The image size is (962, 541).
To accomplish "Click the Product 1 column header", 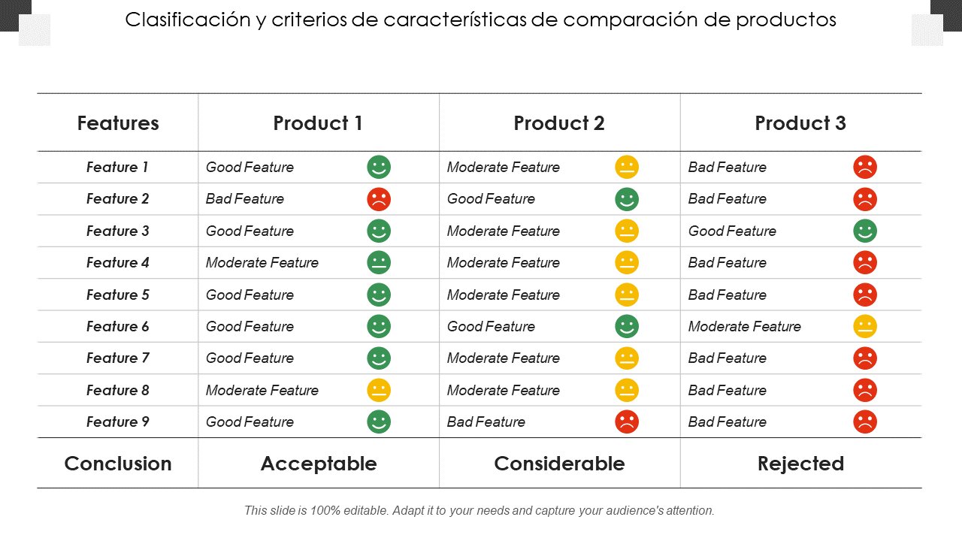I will [318, 123].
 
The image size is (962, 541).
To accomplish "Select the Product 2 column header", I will [559, 123].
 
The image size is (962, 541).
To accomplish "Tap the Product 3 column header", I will [800, 123].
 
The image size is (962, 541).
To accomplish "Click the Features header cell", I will [118, 123].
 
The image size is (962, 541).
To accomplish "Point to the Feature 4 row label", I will [118, 262].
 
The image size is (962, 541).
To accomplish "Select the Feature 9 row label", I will [118, 422].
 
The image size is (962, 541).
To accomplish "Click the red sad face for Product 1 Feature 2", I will [379, 199].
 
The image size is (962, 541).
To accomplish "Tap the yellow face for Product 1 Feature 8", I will [379, 390].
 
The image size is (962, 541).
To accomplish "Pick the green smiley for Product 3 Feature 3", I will [865, 231].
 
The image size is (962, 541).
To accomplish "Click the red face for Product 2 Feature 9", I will [627, 422].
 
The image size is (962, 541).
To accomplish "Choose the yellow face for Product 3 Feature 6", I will [865, 326].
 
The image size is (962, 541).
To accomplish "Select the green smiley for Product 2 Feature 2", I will [627, 199].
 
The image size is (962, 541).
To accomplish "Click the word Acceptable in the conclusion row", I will [319, 464].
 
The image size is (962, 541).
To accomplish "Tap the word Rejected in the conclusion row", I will [800, 464].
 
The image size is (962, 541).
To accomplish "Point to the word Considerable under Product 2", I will [559, 464].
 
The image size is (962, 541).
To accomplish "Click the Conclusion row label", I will [118, 464].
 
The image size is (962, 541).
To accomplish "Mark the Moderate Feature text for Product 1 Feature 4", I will [262, 262].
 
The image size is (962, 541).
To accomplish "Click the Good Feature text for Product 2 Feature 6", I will [491, 326].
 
